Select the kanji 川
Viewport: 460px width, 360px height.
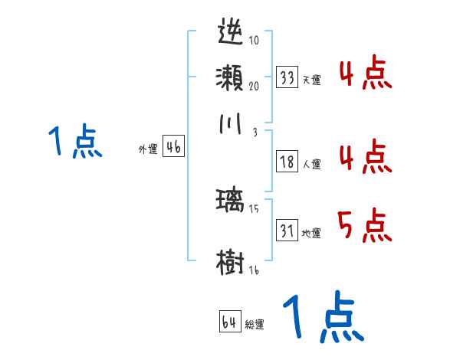pyautogui.click(x=231, y=123)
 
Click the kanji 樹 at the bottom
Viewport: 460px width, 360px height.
pyautogui.click(x=231, y=260)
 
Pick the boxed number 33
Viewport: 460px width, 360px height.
pyautogui.click(x=287, y=77)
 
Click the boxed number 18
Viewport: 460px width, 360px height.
pyautogui.click(x=287, y=162)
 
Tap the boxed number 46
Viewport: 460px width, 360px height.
pyautogui.click(x=173, y=148)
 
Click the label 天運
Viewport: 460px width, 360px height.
pyautogui.click(x=311, y=80)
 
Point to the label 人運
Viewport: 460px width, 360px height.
pyautogui.click(x=311, y=164)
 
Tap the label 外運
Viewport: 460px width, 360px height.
pyautogui.click(x=148, y=150)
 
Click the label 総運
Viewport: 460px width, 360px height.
pyautogui.click(x=255, y=325)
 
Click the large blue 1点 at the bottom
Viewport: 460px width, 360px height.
pyautogui.click(x=322, y=318)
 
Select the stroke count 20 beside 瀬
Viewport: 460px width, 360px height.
pyautogui.click(x=253, y=86)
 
